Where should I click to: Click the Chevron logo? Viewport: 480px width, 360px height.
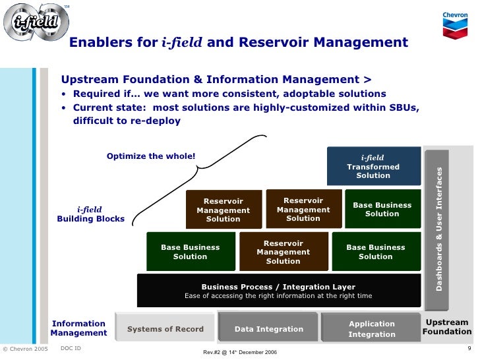[x=455, y=25]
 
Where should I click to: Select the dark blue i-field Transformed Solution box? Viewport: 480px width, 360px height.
[x=373, y=166]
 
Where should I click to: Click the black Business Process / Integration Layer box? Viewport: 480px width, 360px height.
[x=278, y=291]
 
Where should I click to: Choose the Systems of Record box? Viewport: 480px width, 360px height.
[x=165, y=328]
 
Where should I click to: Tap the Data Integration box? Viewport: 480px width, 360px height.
[x=269, y=328]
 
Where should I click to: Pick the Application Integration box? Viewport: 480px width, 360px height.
[x=371, y=328]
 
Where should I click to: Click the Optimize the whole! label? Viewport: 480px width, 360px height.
[x=151, y=156]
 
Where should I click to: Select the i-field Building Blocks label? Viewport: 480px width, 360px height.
[x=91, y=214]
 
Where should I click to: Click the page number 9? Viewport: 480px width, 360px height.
[x=469, y=348]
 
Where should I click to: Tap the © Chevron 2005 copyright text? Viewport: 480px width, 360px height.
[x=25, y=349]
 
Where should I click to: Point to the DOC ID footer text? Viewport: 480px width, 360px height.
[x=71, y=347]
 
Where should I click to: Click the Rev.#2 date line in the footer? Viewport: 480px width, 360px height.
[x=240, y=352]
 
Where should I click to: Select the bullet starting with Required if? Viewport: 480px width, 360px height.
[x=229, y=94]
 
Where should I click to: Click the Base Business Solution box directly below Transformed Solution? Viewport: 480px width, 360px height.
[x=382, y=209]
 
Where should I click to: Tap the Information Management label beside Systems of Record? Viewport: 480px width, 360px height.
[x=78, y=328]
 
